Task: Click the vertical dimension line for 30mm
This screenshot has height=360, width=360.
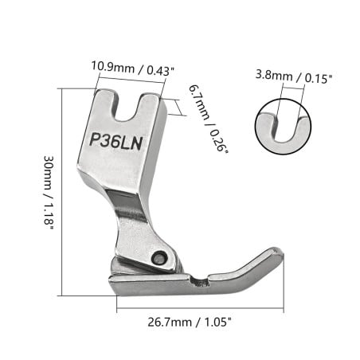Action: click(x=62, y=191)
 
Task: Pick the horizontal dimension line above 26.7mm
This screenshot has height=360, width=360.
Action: click(x=199, y=309)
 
